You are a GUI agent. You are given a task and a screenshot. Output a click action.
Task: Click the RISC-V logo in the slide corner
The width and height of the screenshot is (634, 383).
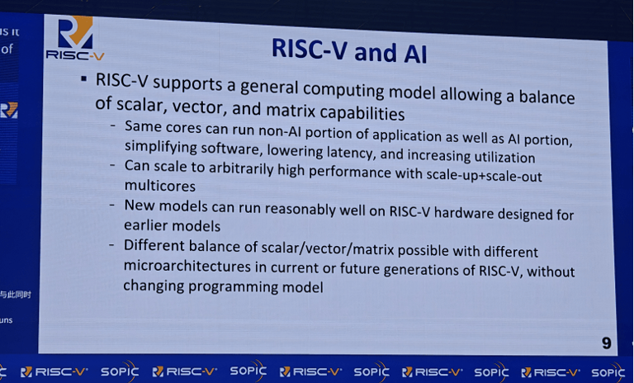tap(75, 39)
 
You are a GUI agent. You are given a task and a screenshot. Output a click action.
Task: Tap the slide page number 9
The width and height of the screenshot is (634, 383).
tap(606, 341)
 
